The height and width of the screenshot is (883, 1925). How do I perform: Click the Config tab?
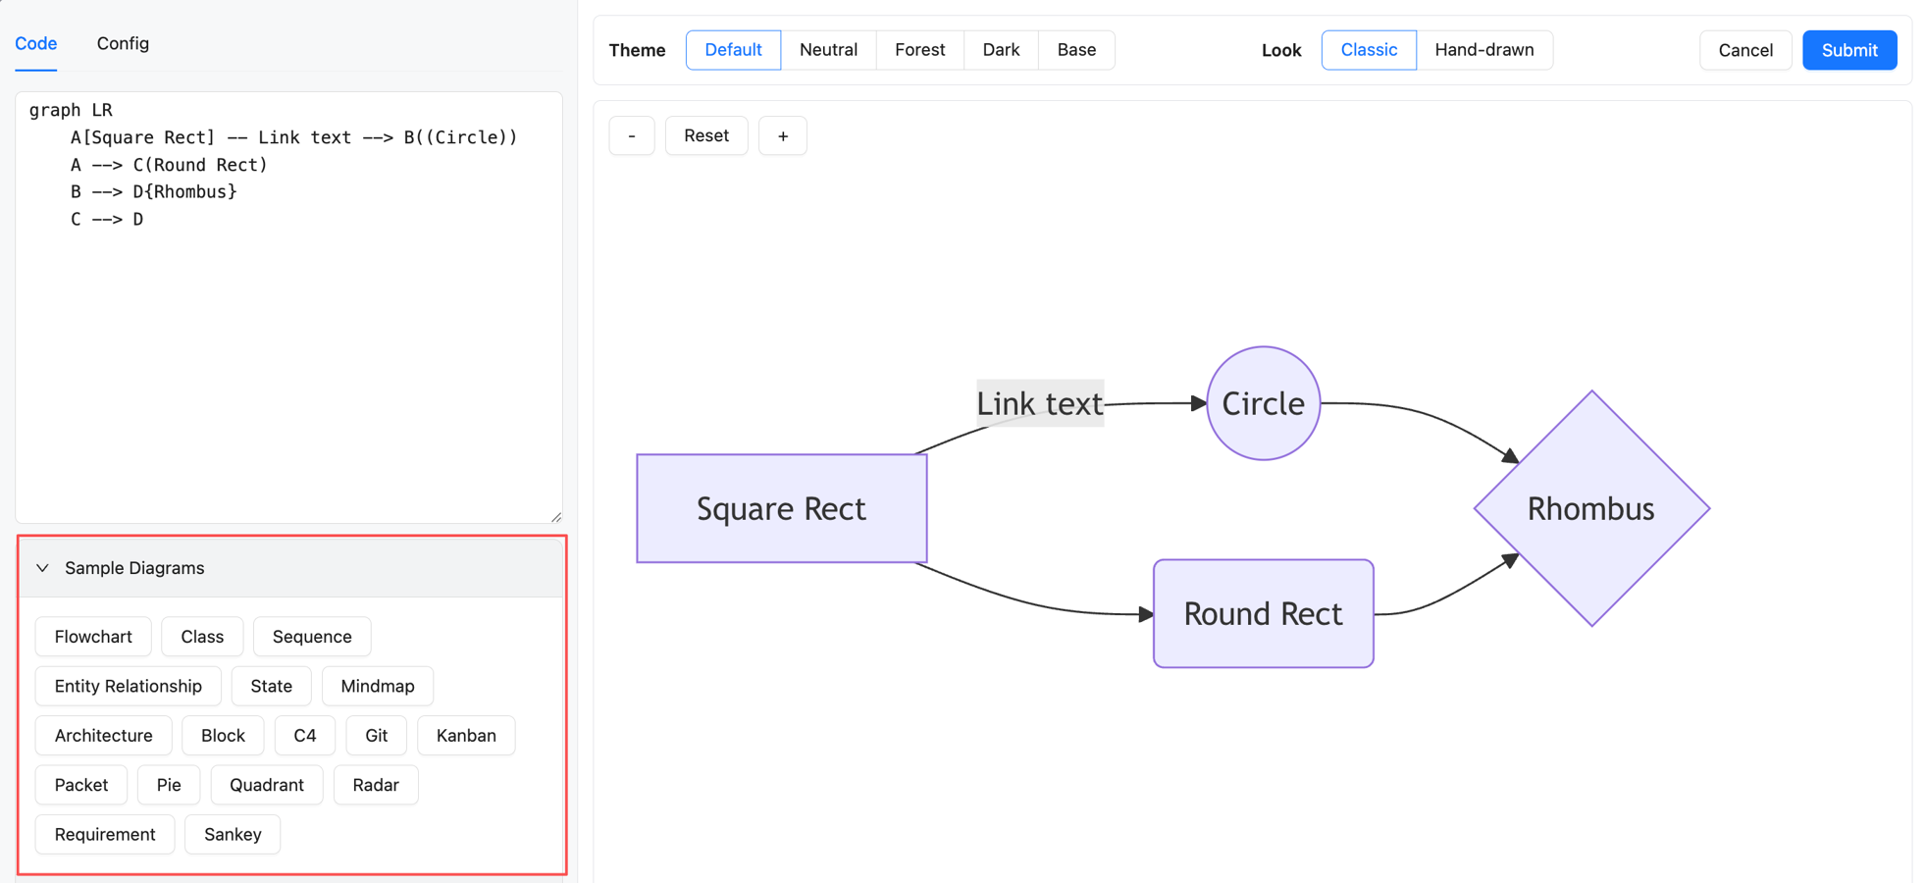point(123,43)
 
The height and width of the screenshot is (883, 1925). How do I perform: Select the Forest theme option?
point(919,50)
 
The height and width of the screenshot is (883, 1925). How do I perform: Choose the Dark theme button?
point(1001,50)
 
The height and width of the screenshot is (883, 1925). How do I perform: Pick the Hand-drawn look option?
point(1483,50)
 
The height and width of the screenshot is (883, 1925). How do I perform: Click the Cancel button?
point(1744,50)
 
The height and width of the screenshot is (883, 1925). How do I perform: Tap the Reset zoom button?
point(705,135)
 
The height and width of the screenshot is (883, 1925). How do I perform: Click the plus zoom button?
point(782,135)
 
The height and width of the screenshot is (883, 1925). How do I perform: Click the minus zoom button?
point(632,135)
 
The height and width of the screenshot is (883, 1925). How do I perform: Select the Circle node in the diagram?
point(1263,403)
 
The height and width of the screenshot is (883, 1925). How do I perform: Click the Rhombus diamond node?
point(1590,508)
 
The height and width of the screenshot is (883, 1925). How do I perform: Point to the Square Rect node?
point(781,508)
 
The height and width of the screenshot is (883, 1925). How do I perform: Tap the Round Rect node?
point(1263,614)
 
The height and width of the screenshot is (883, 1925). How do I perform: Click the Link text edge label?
point(1039,403)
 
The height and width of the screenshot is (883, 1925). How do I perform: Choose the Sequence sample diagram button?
point(312,637)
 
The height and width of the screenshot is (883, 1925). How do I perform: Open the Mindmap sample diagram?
point(377,686)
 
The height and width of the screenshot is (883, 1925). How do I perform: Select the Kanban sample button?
point(466,736)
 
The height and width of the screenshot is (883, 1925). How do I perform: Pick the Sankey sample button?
point(233,835)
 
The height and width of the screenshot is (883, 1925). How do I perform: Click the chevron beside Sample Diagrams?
point(42,568)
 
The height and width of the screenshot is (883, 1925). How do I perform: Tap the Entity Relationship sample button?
point(128,686)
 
